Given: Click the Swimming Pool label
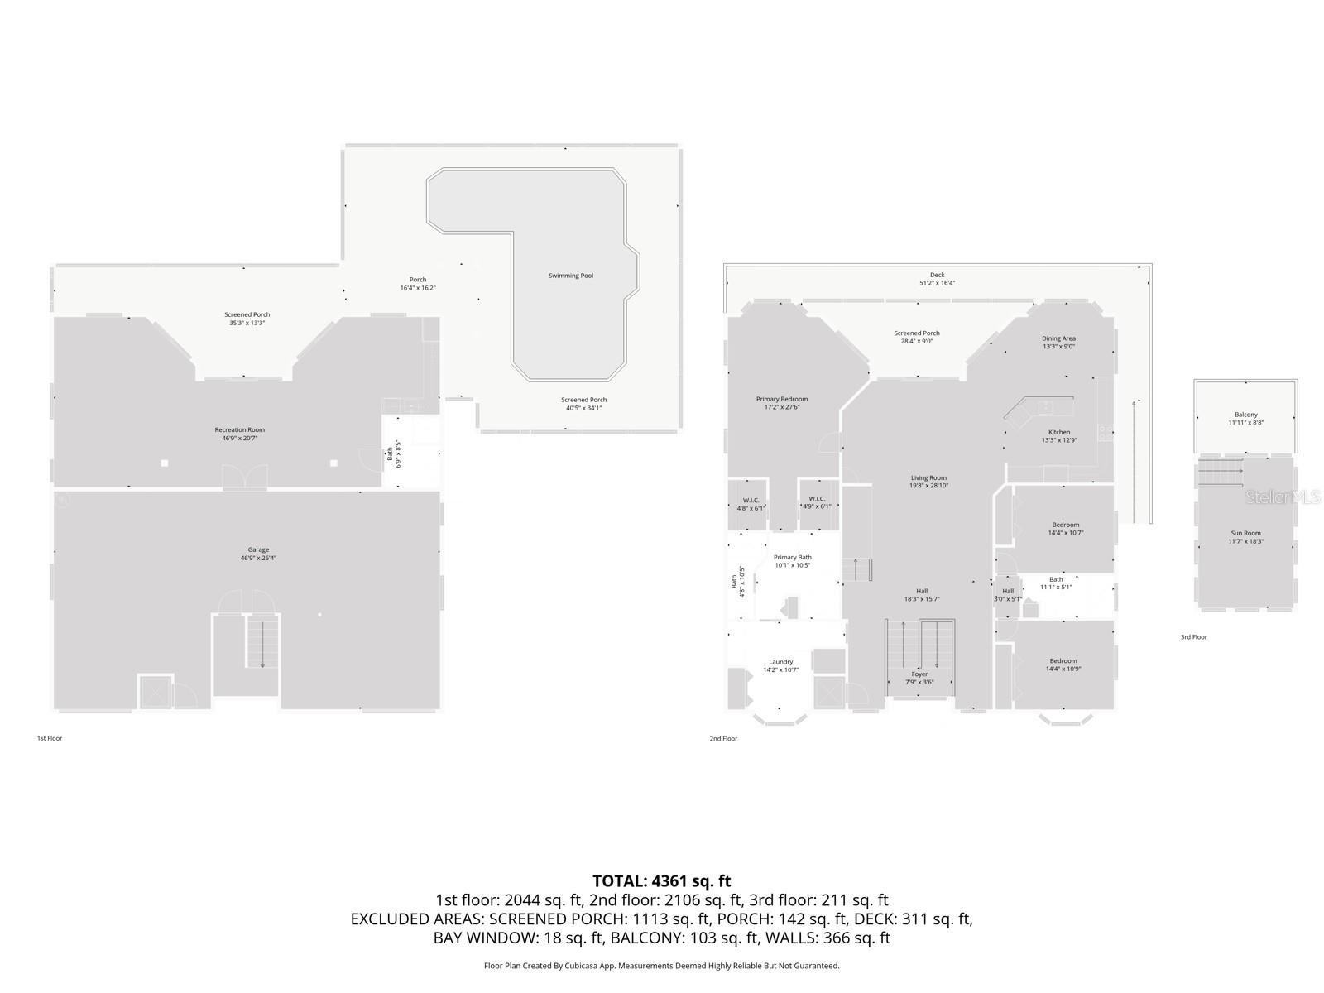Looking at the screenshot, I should pos(570,276).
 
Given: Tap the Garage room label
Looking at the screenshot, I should pos(258,549).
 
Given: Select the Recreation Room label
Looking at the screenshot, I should pos(239,429).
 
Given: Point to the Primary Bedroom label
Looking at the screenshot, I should pos(781,399).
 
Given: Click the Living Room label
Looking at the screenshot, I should pos(928,477).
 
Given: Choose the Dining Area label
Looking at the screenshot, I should pos(1058,338).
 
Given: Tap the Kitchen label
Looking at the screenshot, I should pos(1058,432).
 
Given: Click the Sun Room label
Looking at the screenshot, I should pos(1245,533).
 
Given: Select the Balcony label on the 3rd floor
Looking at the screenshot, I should pos(1245,415).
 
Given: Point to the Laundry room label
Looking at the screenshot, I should pos(780,661).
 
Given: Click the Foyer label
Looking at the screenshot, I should pos(919,674).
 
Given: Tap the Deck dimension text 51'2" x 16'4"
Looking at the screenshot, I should pos(937,283).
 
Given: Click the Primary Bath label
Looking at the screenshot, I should pos(792,557).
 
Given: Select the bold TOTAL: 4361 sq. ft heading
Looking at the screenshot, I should pos(661,881).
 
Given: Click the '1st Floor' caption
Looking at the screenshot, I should pos(49,738).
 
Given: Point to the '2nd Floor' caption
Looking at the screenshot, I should pos(722,738).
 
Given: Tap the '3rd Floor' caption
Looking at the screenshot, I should pos(1193,637).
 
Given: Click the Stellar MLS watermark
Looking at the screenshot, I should pos(1283,496).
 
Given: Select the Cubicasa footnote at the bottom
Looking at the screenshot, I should pos(661,966).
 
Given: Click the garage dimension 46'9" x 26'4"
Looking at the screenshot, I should pos(258,559).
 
